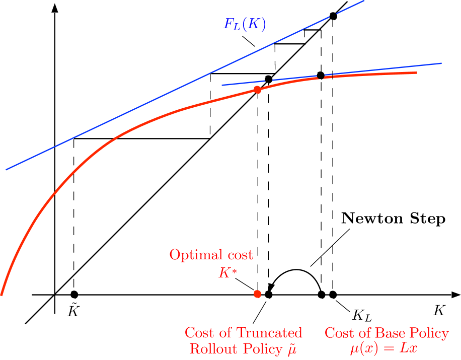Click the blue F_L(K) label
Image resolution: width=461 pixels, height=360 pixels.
pyautogui.click(x=245, y=24)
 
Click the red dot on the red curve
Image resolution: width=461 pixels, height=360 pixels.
pyautogui.click(x=257, y=90)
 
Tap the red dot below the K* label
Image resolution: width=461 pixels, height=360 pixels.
pyautogui.click(x=257, y=294)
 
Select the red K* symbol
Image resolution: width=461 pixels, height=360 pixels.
pyautogui.click(x=224, y=273)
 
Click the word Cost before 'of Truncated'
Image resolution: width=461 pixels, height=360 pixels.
pyautogui.click(x=199, y=333)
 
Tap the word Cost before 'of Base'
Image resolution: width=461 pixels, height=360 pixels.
pyautogui.click(x=339, y=333)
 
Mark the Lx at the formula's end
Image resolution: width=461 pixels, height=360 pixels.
pyautogui.click(x=409, y=348)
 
